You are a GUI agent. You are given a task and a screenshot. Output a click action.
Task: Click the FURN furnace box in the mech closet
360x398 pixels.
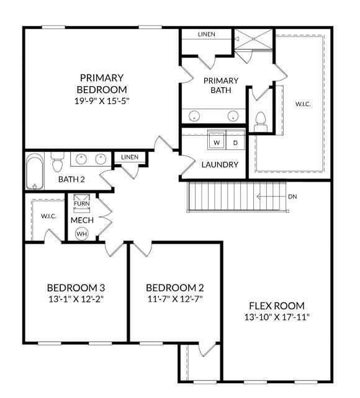81,203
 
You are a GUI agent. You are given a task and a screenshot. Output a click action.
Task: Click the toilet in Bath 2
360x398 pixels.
58,163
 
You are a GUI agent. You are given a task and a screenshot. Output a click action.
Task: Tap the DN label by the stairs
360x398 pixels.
292,197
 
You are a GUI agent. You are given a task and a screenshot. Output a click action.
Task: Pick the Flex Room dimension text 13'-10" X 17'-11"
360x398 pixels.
277,317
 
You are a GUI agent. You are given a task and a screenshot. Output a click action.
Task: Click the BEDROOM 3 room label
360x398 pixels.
76,288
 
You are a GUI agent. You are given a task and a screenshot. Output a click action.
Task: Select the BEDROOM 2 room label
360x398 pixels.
174,288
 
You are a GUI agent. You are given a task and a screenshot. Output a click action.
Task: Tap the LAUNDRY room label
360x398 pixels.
220,165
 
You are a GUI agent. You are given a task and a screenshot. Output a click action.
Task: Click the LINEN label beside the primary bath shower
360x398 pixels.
207,34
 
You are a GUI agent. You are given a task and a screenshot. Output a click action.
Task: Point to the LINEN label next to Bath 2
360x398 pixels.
130,157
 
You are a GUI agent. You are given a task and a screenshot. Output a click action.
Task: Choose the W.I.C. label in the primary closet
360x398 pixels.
302,104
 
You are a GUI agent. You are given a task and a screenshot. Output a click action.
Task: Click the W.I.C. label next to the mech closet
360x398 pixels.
48,216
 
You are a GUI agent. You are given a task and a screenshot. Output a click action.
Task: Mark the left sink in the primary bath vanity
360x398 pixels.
195,115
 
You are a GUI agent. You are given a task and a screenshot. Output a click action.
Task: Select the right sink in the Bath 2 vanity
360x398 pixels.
101,159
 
